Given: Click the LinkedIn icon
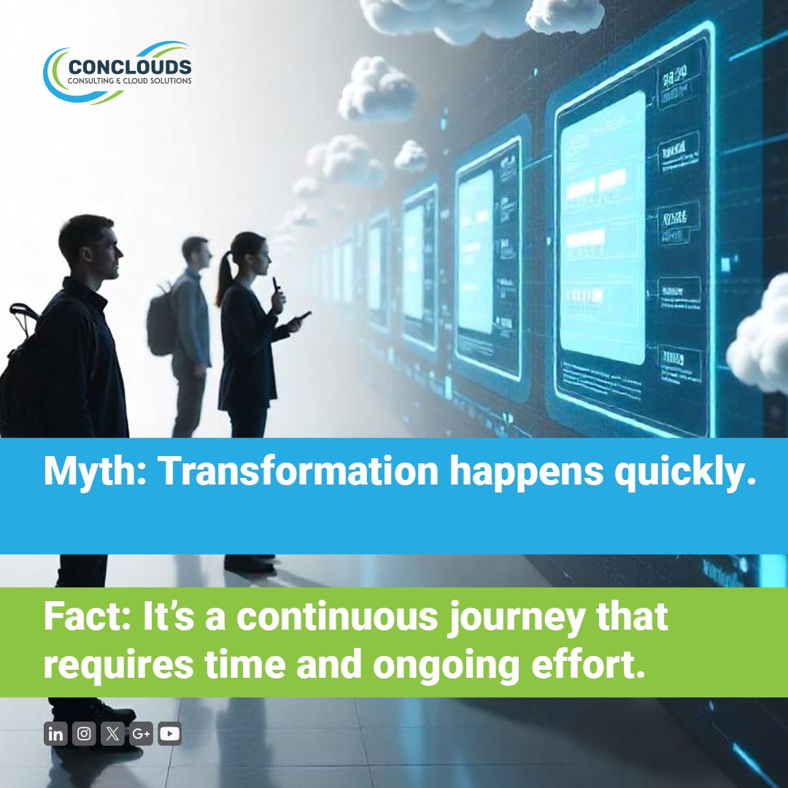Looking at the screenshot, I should (x=55, y=734).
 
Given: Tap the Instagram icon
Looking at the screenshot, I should (x=84, y=734).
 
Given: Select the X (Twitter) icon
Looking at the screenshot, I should (x=112, y=734).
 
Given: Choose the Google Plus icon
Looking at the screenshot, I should (x=141, y=734).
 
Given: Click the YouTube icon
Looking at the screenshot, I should (x=169, y=734).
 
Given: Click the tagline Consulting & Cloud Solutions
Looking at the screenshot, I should (x=129, y=81).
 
